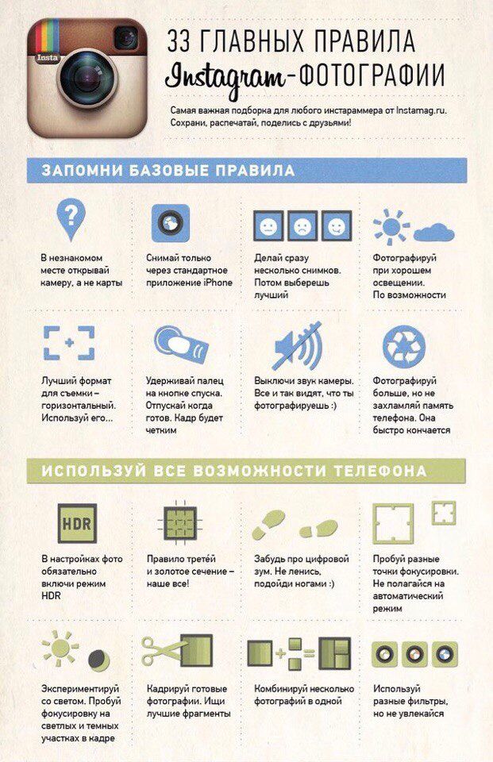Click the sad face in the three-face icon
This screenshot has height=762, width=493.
pyautogui.click(x=302, y=226)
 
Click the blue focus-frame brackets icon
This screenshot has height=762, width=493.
pyautogui.click(x=69, y=343)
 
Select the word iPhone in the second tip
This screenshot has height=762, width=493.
pyautogui.click(x=218, y=283)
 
